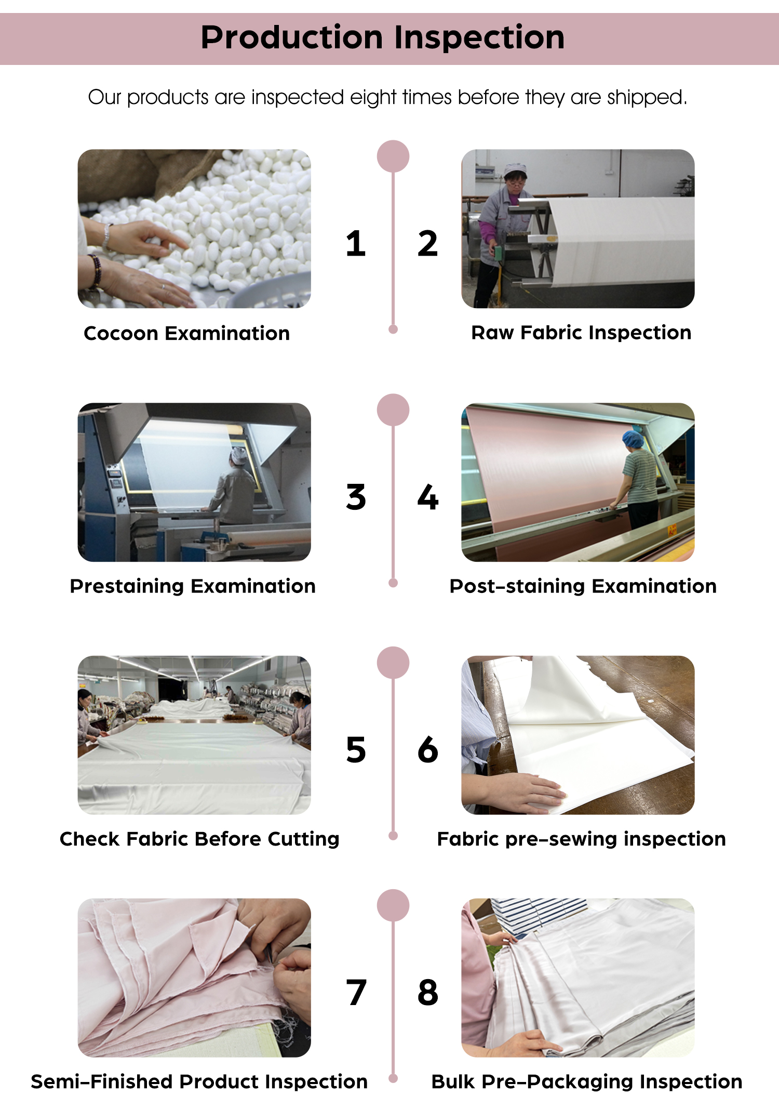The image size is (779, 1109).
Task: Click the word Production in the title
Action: [x=292, y=37]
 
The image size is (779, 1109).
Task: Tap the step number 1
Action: [x=356, y=243]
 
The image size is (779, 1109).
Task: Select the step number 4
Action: [x=428, y=497]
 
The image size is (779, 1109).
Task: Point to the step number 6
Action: [x=428, y=750]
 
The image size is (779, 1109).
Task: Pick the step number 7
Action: [x=356, y=993]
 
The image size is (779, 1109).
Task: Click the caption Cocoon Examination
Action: [x=187, y=333]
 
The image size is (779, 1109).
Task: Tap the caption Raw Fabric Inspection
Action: [x=581, y=333]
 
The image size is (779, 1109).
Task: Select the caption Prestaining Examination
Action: [x=193, y=586]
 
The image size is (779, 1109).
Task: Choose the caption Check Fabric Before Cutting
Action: [x=199, y=839]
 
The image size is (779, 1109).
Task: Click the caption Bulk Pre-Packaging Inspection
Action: [x=587, y=1082]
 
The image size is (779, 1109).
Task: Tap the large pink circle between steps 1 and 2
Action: [x=393, y=156]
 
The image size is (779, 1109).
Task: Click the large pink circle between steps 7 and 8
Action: [x=393, y=905]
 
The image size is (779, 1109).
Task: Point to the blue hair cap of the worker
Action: [x=633, y=439]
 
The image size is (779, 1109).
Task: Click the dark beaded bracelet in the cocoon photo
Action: [x=96, y=270]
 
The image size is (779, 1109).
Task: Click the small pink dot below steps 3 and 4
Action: [x=393, y=583]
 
